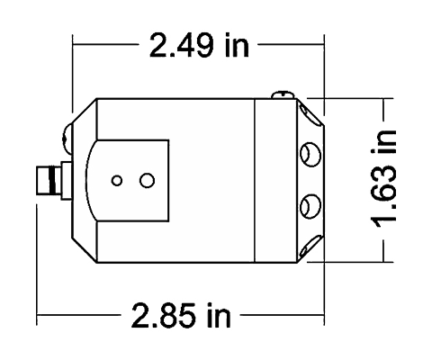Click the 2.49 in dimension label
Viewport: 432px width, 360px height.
(x=199, y=45)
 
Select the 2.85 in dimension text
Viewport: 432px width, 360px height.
(x=181, y=315)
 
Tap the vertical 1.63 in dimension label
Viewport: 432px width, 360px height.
(x=383, y=179)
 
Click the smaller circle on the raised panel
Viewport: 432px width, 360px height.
(x=117, y=181)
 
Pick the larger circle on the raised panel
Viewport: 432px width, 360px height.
(x=147, y=181)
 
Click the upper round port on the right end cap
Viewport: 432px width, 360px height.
(x=310, y=155)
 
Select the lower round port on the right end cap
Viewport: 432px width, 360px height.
(x=310, y=206)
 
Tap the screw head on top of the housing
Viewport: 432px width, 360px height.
(x=283, y=94)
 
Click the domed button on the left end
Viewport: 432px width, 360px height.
(x=67, y=139)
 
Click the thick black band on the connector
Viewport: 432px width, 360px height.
(x=54, y=180)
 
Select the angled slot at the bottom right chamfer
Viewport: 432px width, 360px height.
(x=311, y=247)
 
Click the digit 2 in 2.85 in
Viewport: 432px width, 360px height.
(x=140, y=315)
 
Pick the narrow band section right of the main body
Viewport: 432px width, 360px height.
(x=275, y=181)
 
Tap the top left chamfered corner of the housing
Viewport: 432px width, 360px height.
(x=85, y=111)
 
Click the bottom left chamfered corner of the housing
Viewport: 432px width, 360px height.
(x=85, y=250)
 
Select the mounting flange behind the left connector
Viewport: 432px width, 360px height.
(x=67, y=181)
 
